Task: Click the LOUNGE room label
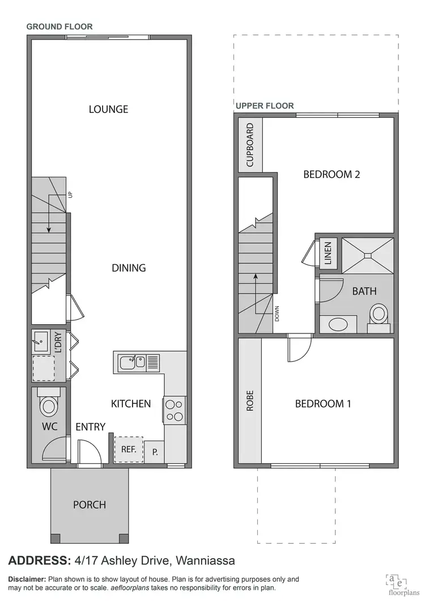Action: coord(108,109)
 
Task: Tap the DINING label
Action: coord(129,268)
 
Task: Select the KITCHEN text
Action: coord(131,404)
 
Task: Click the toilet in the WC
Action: coord(48,405)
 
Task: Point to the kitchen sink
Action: coord(133,361)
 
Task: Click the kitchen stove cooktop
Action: coord(174,410)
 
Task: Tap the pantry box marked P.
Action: coord(155,452)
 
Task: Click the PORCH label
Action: coord(90,505)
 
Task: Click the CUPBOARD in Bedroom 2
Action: coord(250,145)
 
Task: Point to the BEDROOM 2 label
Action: coord(331,175)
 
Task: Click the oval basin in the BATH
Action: coord(339,324)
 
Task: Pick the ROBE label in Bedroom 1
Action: coord(250,401)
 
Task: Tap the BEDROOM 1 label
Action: coord(323,404)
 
